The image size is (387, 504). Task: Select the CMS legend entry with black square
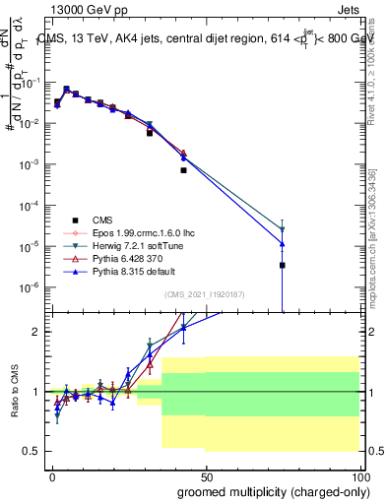coord(106,220)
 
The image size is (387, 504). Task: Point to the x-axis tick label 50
coord(207,474)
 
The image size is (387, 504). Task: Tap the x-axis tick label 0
coord(53,474)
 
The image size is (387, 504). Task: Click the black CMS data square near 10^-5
coord(283,265)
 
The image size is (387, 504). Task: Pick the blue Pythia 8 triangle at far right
coord(283,243)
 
